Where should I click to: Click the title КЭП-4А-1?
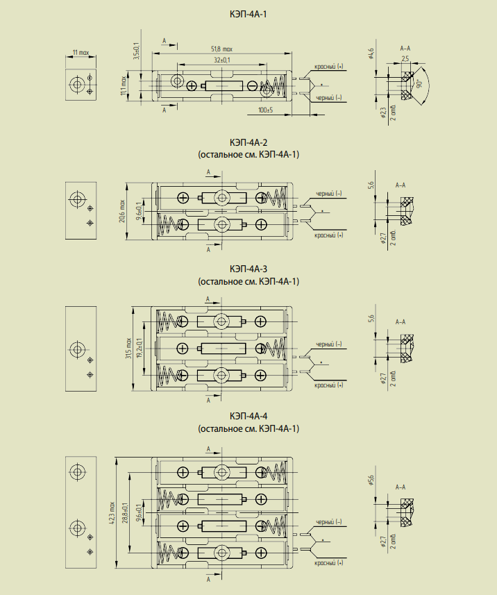pos(248,14)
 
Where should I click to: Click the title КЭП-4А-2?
pos(248,143)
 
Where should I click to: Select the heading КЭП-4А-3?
pos(248,269)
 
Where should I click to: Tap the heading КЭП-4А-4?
pos(248,417)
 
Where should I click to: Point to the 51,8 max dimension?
pos(221,49)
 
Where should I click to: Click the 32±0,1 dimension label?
pos(221,61)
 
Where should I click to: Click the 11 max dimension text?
pos(81,53)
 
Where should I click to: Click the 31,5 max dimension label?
pos(128,348)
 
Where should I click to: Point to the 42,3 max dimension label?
pos(112,514)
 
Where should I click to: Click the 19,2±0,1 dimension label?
pos(139,348)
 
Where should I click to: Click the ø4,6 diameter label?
pos(371,53)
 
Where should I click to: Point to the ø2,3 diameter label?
pos(383,113)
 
